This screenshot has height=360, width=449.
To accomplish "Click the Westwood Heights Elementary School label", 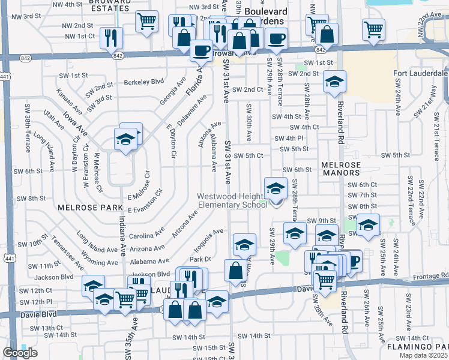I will tap(233, 200).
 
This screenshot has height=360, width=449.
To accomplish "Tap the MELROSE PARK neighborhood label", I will tap(82, 208).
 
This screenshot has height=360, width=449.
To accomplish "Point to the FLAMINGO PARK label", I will tap(420, 347).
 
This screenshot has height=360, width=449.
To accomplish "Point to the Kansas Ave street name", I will tap(68, 103).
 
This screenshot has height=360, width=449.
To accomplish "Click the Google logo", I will tap(20, 353).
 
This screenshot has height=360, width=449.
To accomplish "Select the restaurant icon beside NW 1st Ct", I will tap(110, 37).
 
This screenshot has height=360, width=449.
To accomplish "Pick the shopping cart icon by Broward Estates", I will tap(146, 22).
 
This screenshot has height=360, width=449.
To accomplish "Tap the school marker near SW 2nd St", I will tap(334, 82).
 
